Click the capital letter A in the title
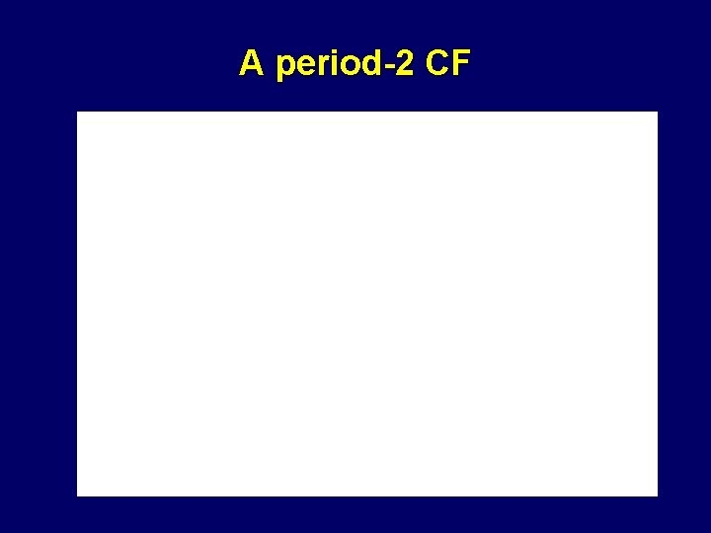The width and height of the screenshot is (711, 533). (x=251, y=64)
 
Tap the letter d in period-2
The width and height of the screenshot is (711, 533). (x=364, y=64)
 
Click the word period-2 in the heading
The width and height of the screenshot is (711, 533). (x=342, y=65)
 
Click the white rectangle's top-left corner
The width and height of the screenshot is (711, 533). (x=78, y=113)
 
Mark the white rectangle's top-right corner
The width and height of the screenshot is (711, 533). (x=656, y=113)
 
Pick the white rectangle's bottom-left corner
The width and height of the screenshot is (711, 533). (x=78, y=495)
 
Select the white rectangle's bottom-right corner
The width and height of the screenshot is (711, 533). (x=656, y=495)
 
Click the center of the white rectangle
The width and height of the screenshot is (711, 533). (x=367, y=304)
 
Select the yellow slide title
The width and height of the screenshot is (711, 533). (x=355, y=64)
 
